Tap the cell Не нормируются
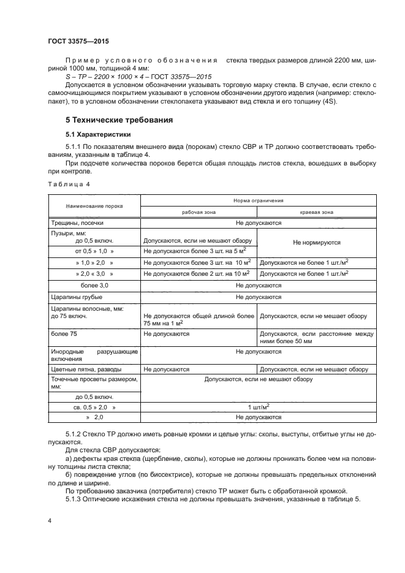317,242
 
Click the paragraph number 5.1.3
75,498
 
